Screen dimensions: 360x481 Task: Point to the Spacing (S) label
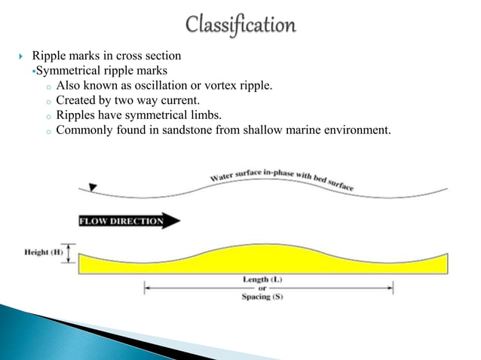pyautogui.click(x=262, y=297)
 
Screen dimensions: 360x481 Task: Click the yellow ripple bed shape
pyautogui.click(x=264, y=260)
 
